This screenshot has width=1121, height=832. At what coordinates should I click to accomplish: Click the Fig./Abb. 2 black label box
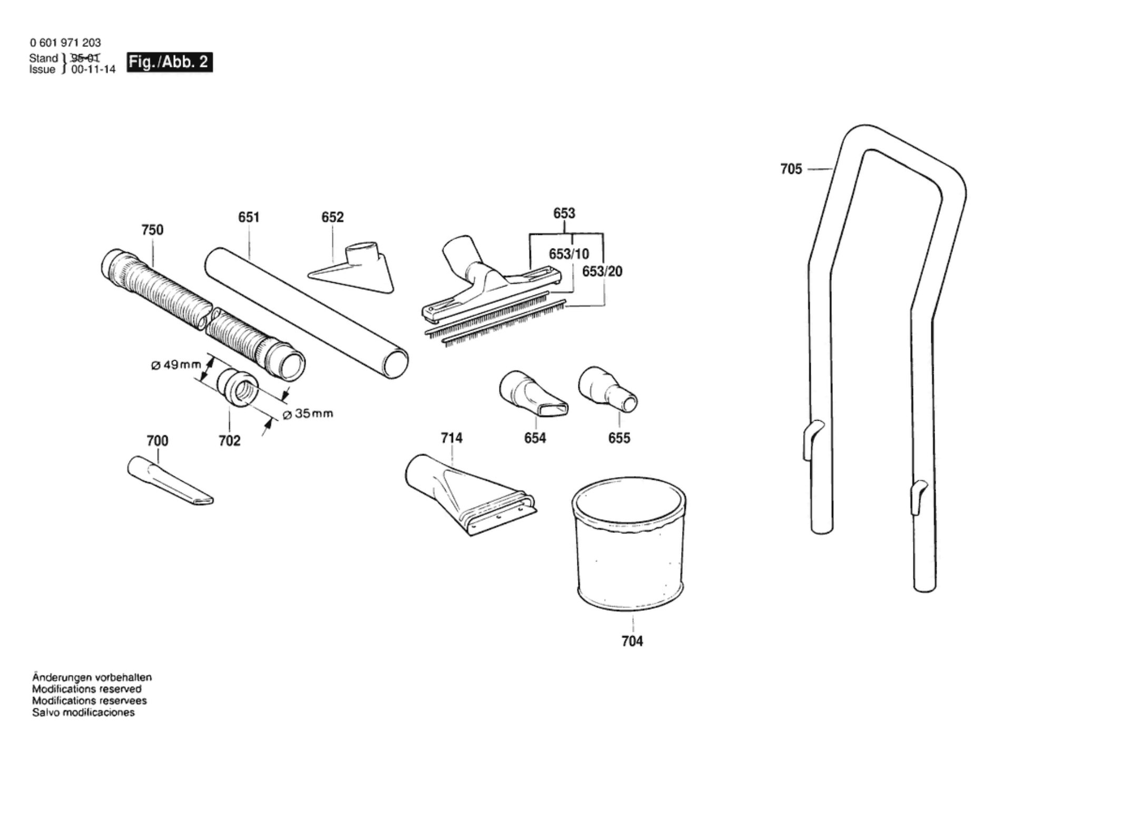coord(170,62)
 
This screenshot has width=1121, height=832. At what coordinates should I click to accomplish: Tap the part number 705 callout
coord(791,169)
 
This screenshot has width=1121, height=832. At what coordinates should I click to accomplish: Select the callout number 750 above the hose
coord(152,230)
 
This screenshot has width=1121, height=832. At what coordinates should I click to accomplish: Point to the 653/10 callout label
coord(568,254)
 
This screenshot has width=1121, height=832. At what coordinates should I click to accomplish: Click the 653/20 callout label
coord(602,272)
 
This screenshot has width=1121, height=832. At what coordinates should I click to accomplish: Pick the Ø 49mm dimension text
coord(176,364)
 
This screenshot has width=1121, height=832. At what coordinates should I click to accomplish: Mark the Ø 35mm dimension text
coord(308,414)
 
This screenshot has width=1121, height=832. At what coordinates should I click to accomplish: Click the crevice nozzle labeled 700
coord(169,481)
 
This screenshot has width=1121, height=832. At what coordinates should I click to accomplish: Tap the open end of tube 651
coord(396,364)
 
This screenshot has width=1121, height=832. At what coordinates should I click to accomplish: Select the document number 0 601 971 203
coord(65,43)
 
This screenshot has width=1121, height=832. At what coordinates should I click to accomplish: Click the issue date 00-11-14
coord(93,70)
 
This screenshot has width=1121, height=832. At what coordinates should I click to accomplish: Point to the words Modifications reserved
coord(87,689)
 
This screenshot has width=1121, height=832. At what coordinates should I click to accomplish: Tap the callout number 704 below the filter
coord(632,641)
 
